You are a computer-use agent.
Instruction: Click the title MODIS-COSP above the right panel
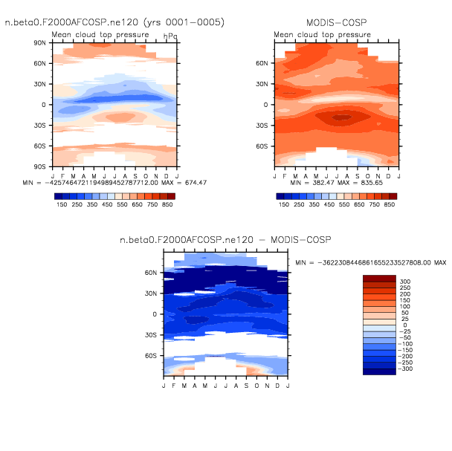tap(335, 23)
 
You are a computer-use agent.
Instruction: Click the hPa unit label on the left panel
tap(170, 35)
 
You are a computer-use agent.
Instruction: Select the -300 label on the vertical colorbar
tap(406, 369)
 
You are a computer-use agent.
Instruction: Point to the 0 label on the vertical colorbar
tap(404, 325)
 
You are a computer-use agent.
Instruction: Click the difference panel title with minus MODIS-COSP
tap(225, 240)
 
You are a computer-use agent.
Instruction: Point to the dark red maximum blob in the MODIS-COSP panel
tap(341, 117)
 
